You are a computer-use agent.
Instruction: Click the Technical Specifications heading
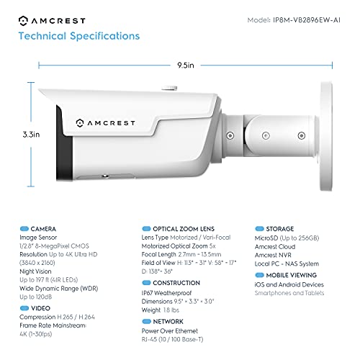coord(78,35)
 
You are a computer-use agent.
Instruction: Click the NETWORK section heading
coord(168,320)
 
